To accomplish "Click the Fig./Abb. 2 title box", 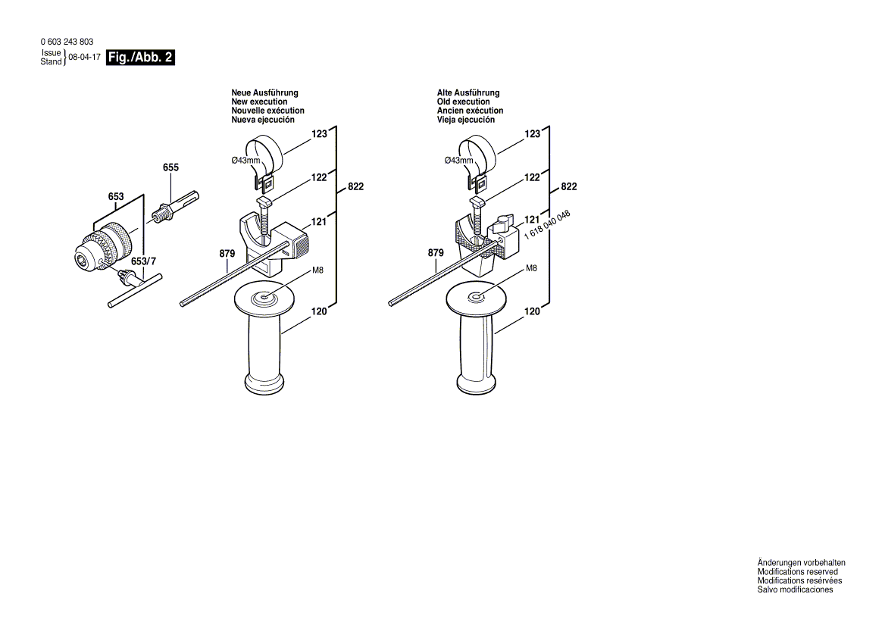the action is [x=140, y=58].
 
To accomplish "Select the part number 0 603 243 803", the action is [x=67, y=42].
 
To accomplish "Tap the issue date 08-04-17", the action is [x=84, y=58].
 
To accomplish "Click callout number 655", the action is [x=170, y=167].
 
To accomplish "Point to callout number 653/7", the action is [x=143, y=261].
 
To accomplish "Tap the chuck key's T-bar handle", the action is [x=135, y=290].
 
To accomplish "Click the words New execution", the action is [x=259, y=102].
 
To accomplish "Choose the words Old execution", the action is [x=464, y=102].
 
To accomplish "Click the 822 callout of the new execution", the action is [x=355, y=186].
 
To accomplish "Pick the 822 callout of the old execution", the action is [x=569, y=186].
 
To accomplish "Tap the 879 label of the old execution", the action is [x=436, y=253].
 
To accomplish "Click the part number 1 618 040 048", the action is [x=548, y=224].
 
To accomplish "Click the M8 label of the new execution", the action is [x=317, y=270].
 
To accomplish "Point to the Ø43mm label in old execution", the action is [x=459, y=160].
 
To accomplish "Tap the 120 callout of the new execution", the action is [x=319, y=311].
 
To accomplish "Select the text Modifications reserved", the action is [x=798, y=572].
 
